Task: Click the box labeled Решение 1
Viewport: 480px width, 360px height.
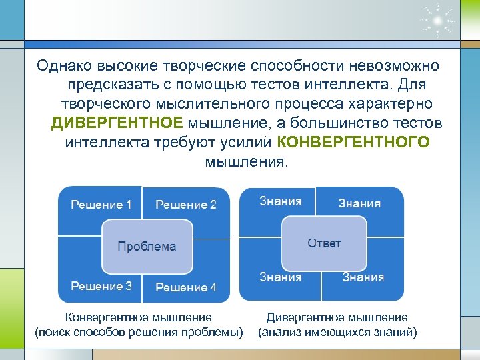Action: coord(101,205)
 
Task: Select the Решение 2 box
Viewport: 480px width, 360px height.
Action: coord(186,205)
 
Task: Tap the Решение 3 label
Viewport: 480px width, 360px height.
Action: coord(101,286)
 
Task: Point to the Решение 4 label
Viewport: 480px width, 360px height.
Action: coord(186,287)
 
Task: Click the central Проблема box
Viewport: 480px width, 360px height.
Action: coord(147,246)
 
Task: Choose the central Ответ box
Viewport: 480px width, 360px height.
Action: coord(324,243)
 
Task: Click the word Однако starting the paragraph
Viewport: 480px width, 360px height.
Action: coord(65,65)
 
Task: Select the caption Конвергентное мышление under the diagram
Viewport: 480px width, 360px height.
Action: coord(138,318)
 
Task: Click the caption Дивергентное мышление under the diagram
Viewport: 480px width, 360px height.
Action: coord(337,318)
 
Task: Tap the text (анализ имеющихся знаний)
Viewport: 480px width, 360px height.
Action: coord(337,332)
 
